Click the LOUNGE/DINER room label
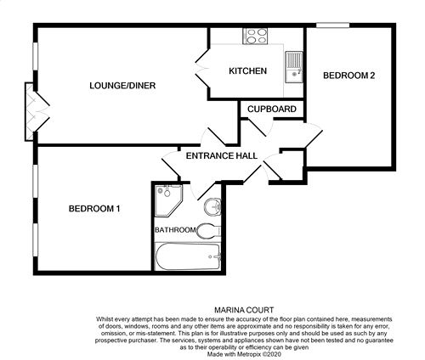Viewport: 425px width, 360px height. point(122,86)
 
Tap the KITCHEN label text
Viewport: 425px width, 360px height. point(248,70)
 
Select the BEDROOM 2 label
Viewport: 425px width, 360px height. point(349,76)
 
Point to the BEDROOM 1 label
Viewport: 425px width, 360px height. point(94,209)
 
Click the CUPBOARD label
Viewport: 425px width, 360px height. point(272,109)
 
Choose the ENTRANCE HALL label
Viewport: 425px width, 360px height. point(222,155)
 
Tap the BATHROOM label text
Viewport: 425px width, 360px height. point(175,230)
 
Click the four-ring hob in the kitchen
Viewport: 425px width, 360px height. point(255,36)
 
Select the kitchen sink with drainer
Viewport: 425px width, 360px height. point(294,67)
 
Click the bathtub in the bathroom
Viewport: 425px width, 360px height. point(188,257)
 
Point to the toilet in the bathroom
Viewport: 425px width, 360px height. point(208,231)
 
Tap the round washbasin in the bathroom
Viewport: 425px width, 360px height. point(212,206)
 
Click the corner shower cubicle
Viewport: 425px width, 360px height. point(168,200)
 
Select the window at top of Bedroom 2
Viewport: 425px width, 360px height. point(332,25)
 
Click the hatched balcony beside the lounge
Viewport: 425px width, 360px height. point(30,111)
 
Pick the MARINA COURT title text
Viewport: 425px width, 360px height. point(244,310)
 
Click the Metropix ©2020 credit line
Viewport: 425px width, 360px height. point(244,354)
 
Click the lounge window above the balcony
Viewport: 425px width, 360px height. point(35,55)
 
